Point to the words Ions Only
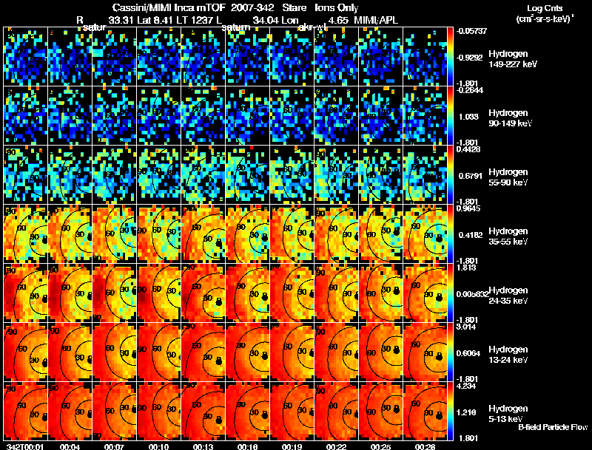[337, 7]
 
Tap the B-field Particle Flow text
[552, 427]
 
